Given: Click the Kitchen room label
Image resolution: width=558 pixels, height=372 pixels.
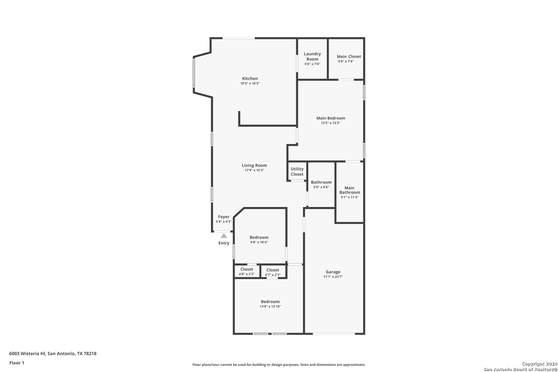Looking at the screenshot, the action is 250,79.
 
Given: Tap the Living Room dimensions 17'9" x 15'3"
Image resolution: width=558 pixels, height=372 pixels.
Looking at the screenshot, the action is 254,170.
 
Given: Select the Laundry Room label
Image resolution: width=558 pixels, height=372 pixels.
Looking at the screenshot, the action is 312,56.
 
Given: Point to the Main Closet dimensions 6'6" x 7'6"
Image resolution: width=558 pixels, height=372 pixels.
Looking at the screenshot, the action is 346,61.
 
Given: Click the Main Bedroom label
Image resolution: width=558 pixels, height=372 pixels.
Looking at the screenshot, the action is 331,118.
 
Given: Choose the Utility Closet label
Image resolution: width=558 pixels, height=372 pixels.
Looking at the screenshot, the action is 297,172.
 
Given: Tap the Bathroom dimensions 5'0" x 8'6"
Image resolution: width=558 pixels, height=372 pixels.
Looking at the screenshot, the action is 321,187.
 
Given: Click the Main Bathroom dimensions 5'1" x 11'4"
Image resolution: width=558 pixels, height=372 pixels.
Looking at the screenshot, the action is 350,197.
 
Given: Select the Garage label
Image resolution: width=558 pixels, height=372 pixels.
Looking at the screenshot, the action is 333,272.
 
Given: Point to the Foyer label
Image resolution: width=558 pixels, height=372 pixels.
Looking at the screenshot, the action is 224,217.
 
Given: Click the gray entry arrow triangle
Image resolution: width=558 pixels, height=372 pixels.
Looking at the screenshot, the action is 224,236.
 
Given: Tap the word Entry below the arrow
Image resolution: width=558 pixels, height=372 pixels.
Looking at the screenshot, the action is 224,243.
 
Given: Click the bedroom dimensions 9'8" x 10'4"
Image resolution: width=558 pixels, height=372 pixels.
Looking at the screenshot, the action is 259,242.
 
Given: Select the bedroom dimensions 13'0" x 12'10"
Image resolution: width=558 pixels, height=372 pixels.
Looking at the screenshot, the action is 270,307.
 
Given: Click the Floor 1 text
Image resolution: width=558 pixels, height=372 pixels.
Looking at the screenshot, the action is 17,363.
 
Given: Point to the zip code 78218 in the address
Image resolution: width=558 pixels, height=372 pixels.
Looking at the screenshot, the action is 90,353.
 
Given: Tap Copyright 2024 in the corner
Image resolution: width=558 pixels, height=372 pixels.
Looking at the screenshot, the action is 539,364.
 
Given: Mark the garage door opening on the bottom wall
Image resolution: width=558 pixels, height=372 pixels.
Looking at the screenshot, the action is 334,334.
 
